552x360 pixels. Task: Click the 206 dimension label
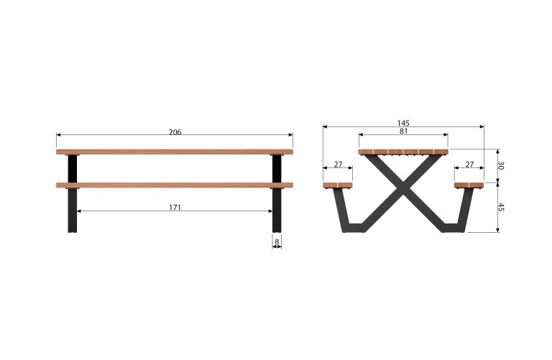[x=175, y=132]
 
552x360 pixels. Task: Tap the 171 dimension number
[x=175, y=208]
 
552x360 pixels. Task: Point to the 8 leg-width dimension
[x=277, y=241]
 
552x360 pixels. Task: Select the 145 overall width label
[x=403, y=123]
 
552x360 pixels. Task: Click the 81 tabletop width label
[x=403, y=131]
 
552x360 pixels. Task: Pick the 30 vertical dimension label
[x=501, y=165]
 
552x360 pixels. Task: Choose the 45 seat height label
[x=501, y=207]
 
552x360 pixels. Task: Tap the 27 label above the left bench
[x=338, y=165]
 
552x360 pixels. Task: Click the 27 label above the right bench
[x=469, y=165]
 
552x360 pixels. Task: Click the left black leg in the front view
[x=72, y=193]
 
